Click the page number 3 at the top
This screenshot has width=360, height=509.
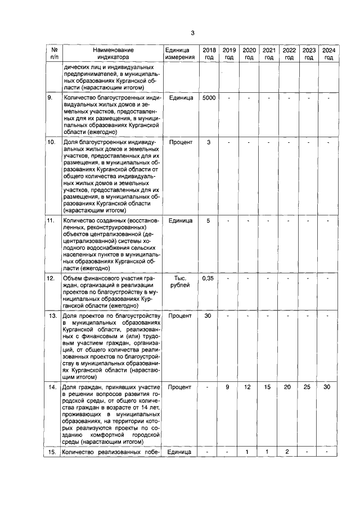(192, 33)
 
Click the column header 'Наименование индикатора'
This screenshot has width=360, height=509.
(112, 53)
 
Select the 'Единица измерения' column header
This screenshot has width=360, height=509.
(179, 53)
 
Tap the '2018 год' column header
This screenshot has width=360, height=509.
(208, 53)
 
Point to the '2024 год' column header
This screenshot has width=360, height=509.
(328, 53)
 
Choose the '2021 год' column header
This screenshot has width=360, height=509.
(269, 53)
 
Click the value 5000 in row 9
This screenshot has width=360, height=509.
(208, 98)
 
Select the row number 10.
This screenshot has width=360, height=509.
(51, 142)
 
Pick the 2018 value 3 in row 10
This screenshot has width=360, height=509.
(208, 142)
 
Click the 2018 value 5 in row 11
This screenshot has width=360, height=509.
(208, 220)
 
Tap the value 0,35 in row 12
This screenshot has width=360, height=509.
(208, 278)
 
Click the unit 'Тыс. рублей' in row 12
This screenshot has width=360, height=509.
(179, 282)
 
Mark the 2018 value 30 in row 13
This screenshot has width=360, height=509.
(208, 316)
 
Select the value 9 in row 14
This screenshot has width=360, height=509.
(228, 388)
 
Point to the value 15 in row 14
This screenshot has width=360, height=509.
(269, 388)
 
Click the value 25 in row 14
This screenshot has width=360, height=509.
(308, 388)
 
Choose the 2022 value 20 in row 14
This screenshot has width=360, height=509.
(289, 388)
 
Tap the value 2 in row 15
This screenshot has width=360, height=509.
(289, 452)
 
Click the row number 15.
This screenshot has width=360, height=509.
(52, 452)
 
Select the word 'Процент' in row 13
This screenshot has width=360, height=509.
(179, 316)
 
